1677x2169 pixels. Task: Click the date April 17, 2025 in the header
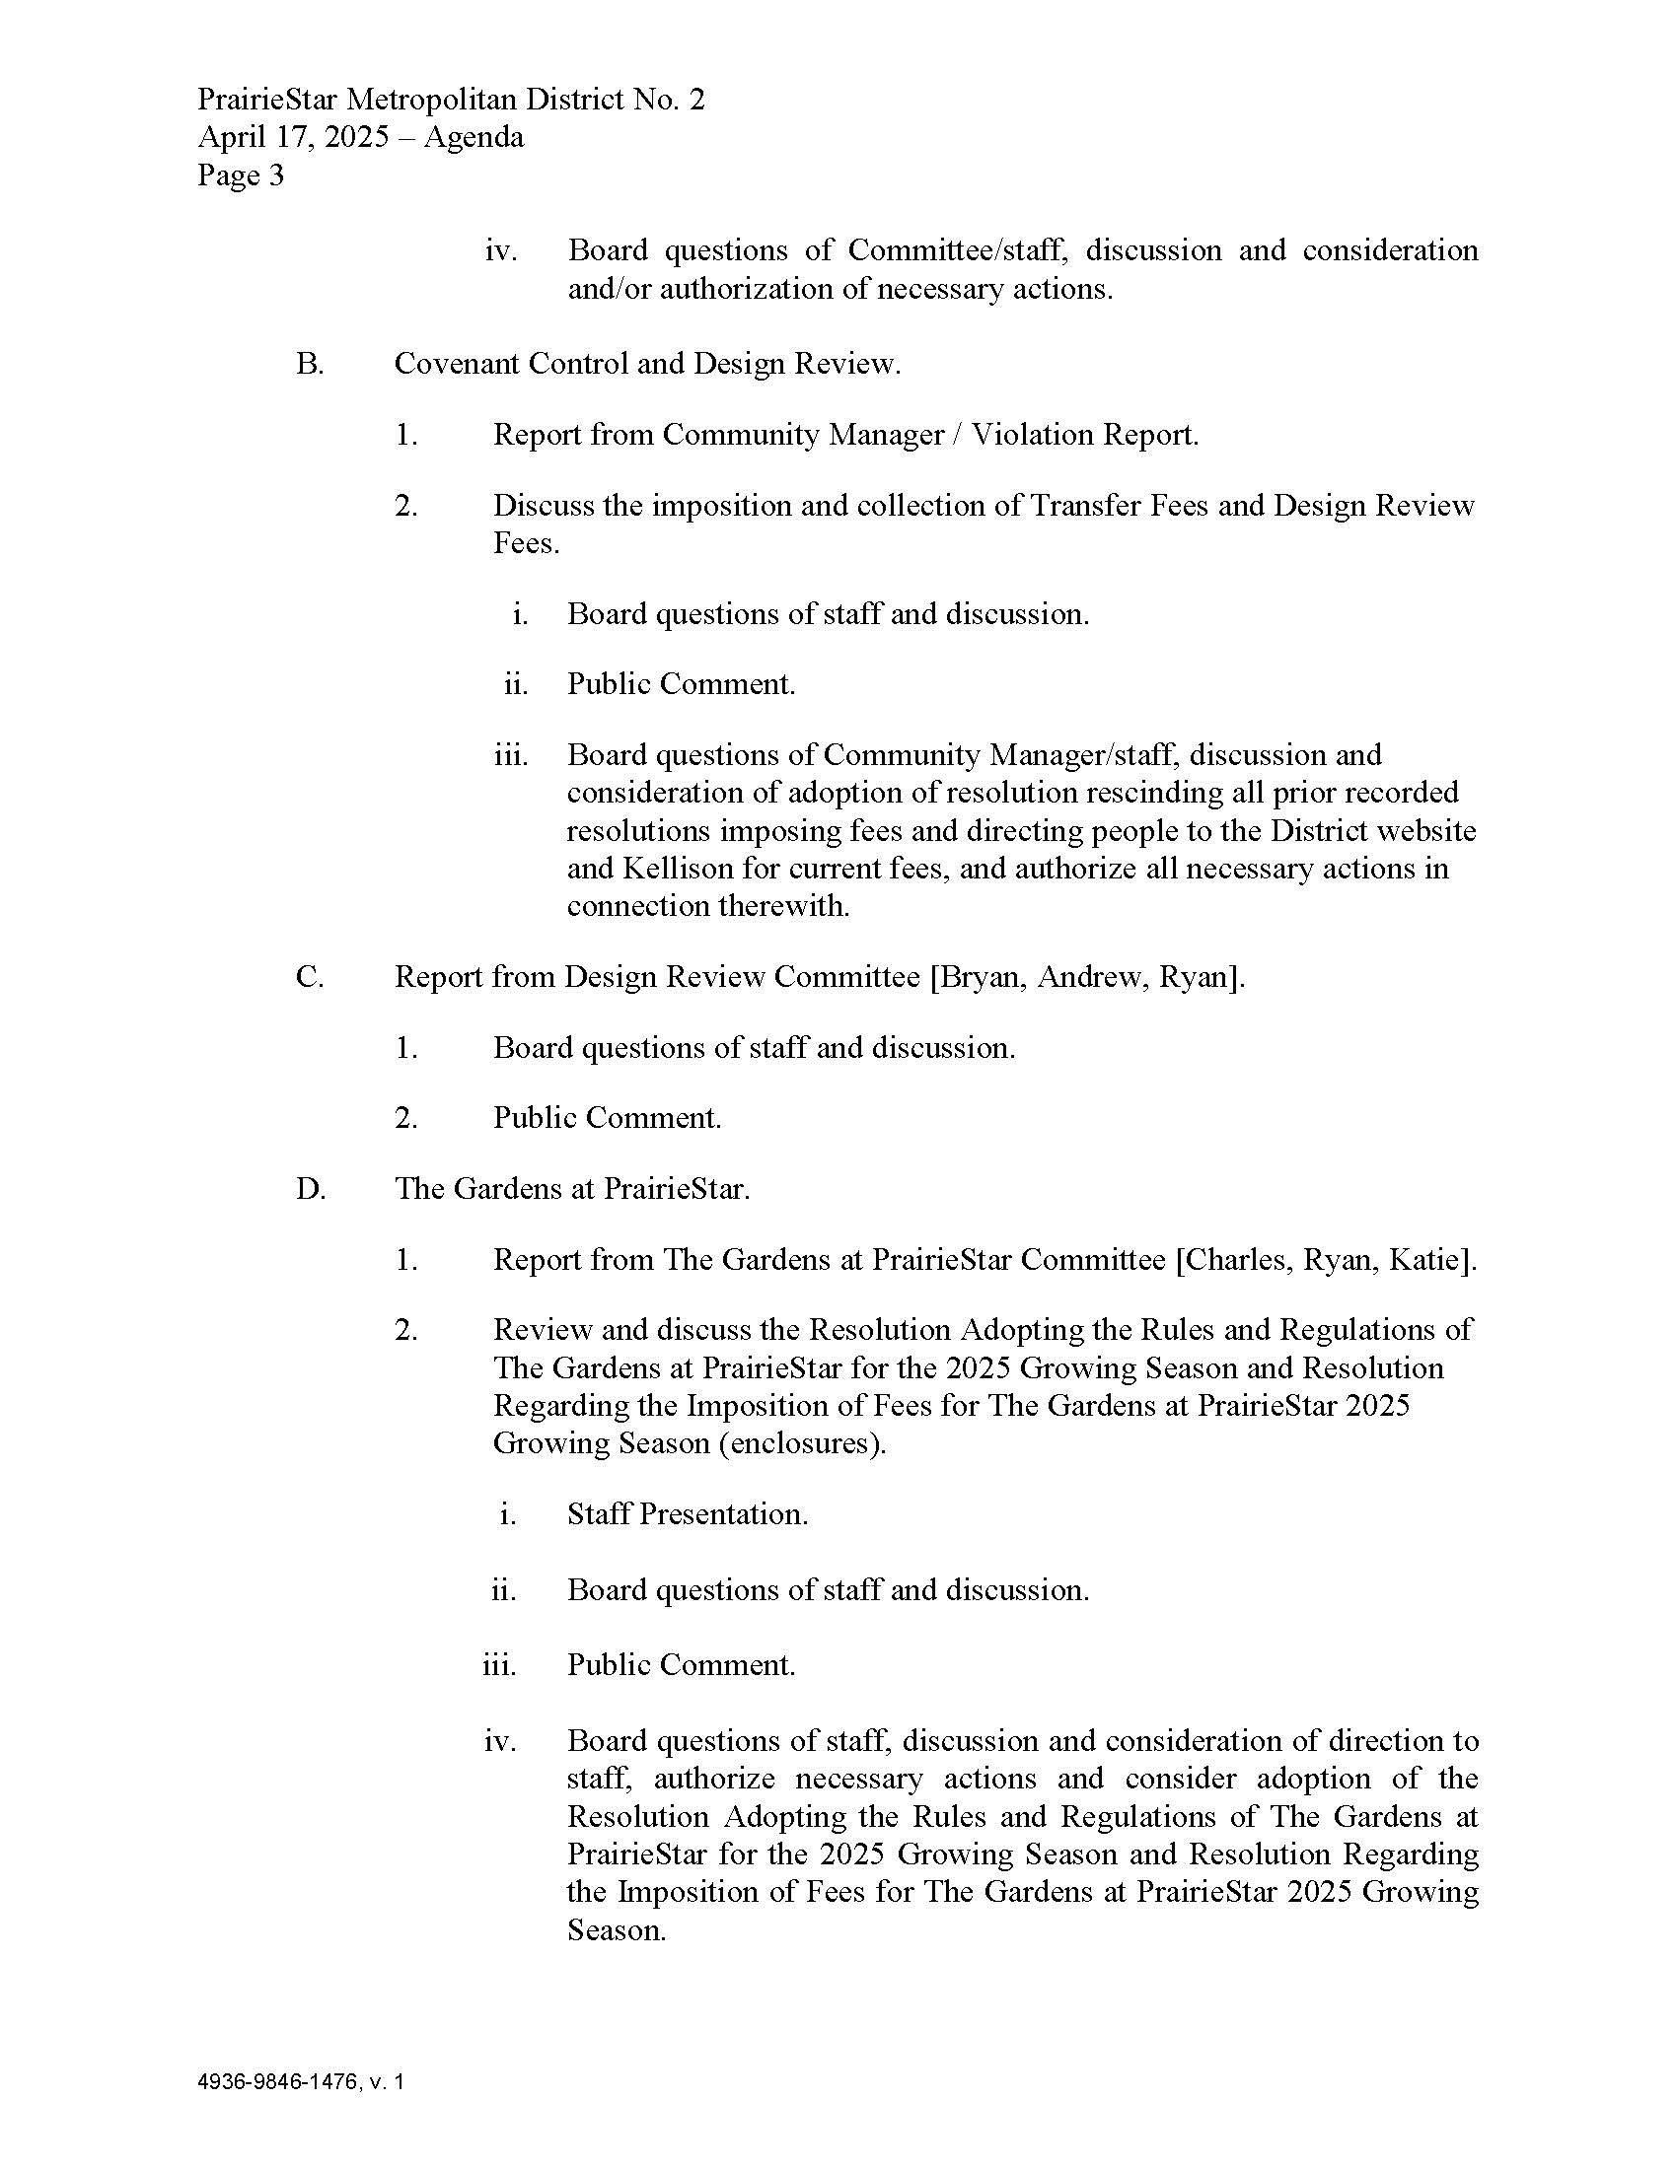[x=293, y=137]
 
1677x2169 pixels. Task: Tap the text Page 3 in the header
[x=241, y=175]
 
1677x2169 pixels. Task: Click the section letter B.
[x=310, y=365]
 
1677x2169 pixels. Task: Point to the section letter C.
[x=310, y=977]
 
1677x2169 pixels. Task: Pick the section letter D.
[x=310, y=1189]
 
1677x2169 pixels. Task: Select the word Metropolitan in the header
[x=432, y=100]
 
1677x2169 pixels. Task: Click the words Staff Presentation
[x=688, y=1514]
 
